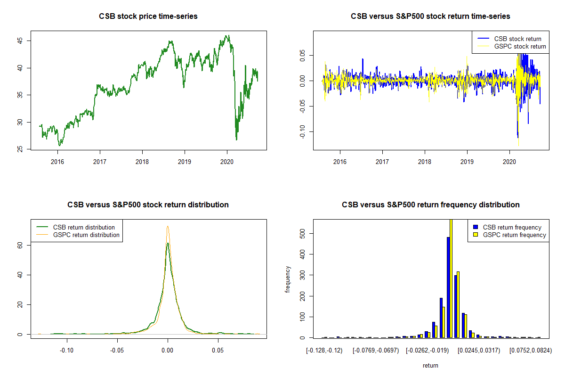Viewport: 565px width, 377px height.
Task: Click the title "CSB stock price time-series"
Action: click(x=148, y=16)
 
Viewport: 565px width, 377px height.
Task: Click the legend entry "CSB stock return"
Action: click(x=517, y=39)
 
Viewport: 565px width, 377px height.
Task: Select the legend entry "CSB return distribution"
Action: click(x=84, y=227)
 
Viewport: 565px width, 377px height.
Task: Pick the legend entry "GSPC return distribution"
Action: click(x=86, y=235)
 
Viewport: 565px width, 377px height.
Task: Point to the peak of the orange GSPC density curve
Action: click(x=168, y=226)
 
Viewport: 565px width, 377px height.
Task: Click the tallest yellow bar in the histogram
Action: click(x=451, y=278)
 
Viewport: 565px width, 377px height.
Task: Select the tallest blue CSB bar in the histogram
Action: click(x=448, y=287)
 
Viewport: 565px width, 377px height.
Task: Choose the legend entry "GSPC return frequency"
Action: click(x=515, y=235)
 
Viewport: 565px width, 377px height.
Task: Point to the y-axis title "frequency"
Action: click(x=288, y=279)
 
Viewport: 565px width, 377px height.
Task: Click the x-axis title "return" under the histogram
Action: click(x=430, y=365)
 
